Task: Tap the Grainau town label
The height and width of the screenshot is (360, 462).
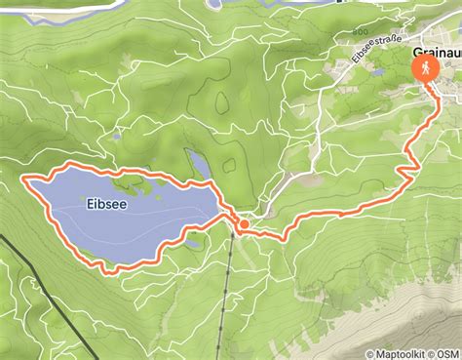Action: pyautogui.click(x=436, y=52)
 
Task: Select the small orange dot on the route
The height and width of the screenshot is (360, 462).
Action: pyautogui.click(x=243, y=224)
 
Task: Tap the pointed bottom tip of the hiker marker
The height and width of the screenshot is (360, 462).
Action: pyautogui.click(x=427, y=86)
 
